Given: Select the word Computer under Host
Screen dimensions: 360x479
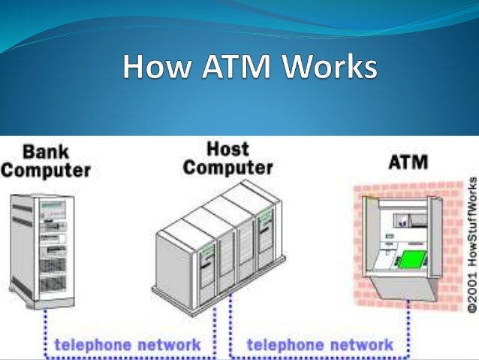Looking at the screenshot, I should (x=227, y=167).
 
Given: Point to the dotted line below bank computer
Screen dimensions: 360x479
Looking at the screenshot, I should (x=44, y=323).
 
